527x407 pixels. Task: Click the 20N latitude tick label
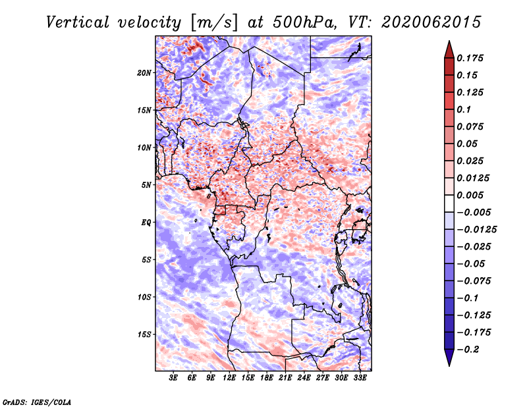pos(144,73)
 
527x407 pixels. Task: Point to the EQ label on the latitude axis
pos(146,223)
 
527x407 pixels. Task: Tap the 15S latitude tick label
pos(144,335)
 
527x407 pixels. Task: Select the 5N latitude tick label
pos(146,185)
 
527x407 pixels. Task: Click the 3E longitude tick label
pos(173,377)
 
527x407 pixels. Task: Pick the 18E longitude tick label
pos(267,377)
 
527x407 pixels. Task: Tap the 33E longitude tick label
pos(360,377)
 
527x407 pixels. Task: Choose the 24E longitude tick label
pos(304,377)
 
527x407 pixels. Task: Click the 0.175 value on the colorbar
pos(470,58)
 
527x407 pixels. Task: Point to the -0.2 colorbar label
pos(468,350)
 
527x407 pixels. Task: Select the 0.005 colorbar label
pos(470,195)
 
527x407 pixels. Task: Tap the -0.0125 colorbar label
pos(476,230)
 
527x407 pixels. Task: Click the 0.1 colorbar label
pos(464,109)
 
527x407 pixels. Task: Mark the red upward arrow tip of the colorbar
pos(449,41)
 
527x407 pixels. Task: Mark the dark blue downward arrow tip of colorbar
pos(449,366)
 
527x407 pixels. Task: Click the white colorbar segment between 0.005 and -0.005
pos(449,203)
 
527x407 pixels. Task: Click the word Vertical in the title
pos(77,22)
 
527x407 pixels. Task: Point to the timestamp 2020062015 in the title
pos(431,22)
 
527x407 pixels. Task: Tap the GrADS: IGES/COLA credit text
pos(37,402)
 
